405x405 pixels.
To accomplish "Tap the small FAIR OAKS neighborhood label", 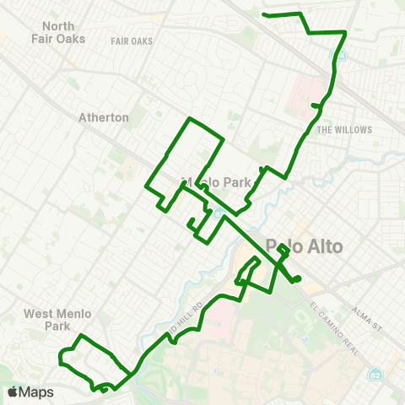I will (132, 40).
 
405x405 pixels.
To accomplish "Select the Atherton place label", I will (103, 117).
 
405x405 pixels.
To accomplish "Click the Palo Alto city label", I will (304, 246).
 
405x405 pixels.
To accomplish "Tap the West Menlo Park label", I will (57, 319).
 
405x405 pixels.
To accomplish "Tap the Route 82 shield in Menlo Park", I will (218, 213).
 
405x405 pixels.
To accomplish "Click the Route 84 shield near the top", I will (342, 54).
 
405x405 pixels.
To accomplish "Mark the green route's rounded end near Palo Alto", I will (297, 280).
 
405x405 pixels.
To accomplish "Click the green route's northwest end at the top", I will (265, 14).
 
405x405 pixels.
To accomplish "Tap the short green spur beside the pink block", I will (316, 105).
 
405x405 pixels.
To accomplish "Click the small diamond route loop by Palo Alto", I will (283, 250).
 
